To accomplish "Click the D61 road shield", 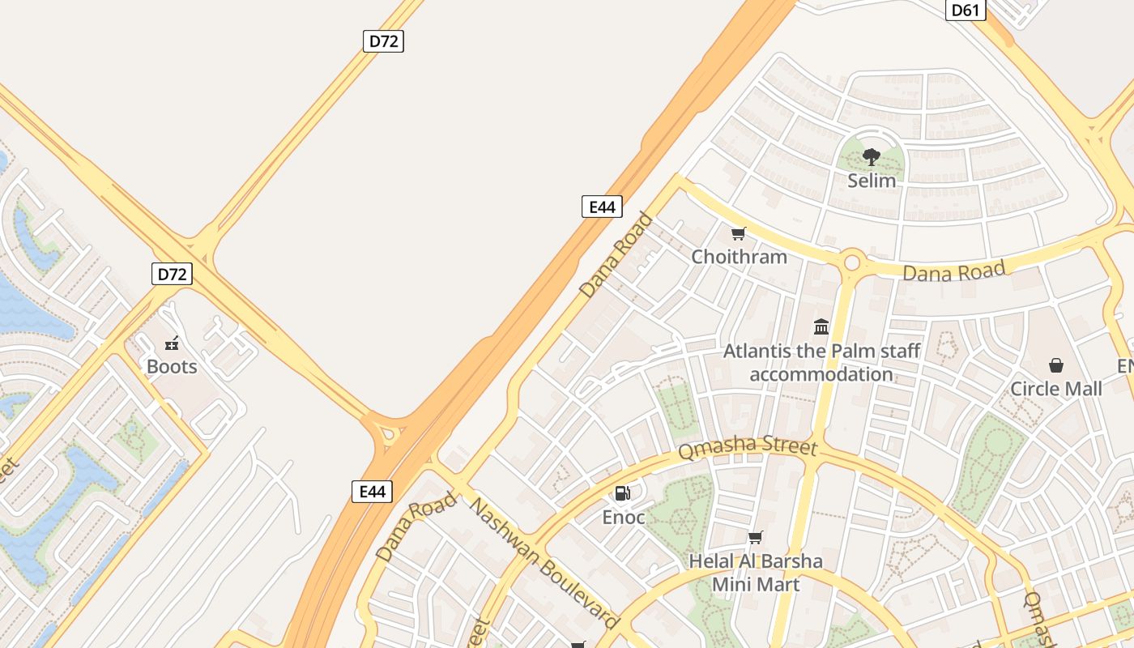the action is (x=966, y=10).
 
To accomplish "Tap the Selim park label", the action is (x=872, y=181).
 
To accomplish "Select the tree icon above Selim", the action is (x=872, y=157).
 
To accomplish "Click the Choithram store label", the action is (x=739, y=257).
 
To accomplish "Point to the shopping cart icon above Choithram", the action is (x=738, y=234).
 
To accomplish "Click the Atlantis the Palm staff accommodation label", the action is (x=821, y=363).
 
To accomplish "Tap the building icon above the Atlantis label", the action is (x=821, y=327).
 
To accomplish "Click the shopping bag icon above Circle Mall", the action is (x=1056, y=365).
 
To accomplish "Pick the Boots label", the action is (x=172, y=367).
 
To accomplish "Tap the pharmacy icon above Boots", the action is (x=172, y=343).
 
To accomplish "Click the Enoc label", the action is (x=624, y=517).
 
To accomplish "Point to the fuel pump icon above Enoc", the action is (x=623, y=493).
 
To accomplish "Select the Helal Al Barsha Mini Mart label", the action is (x=756, y=573).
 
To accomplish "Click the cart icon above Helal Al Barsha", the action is (x=756, y=537).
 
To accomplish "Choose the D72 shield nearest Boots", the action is (x=172, y=274).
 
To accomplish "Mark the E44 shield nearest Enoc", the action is (x=373, y=491).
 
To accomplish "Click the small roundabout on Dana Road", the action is (x=851, y=262).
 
